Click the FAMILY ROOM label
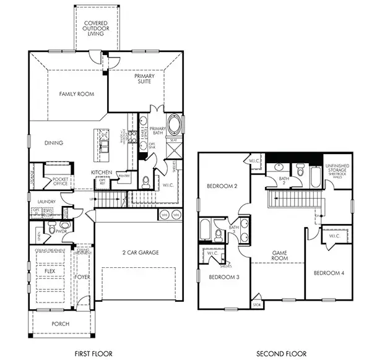coord(76,94)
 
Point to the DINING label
coord(54,143)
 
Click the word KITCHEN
coord(101,172)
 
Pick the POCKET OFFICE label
coord(60,182)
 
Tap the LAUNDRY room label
coord(47,202)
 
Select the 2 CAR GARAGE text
coord(140,252)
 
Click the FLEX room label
coord(50,271)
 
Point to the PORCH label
coord(61,324)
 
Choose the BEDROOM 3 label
coord(224,276)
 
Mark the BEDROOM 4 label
coord(329,273)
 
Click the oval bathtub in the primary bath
coord(175,124)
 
